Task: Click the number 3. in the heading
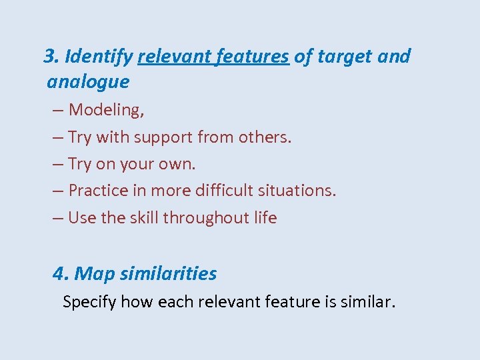51,57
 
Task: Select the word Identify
99,57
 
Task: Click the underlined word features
253,57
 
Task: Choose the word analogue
88,83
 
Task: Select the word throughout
206,218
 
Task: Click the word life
265,218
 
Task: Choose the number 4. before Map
61,274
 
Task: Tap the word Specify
89,303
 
